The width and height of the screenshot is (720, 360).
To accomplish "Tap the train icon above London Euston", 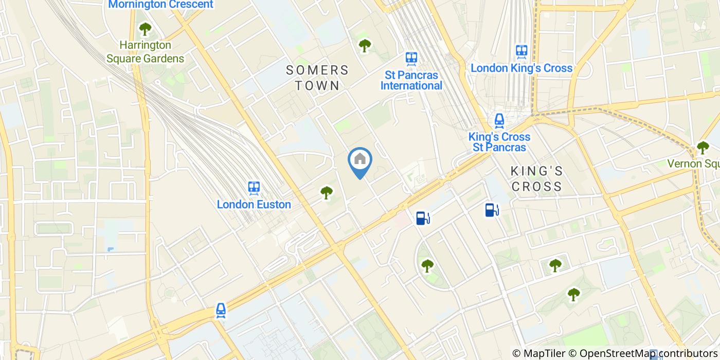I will pos(254,188).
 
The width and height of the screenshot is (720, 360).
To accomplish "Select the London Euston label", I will pos(254,204).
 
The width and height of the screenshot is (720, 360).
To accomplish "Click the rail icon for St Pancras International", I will pos(411,58).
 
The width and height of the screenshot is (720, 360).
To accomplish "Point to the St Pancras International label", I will pos(411,80).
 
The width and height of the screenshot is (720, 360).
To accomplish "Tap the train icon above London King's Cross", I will pos(521,51).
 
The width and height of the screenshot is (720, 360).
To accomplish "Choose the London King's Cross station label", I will pos(521,68).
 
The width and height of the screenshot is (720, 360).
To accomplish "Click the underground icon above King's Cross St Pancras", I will pos(499,121).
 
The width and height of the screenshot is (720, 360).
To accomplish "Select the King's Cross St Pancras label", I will pos(499,142).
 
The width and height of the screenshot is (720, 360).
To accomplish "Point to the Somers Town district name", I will pos(317,78).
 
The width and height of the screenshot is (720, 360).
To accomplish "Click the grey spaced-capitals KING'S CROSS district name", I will pos(537,178).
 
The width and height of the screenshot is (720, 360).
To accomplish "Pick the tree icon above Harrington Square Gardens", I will pos(145,28).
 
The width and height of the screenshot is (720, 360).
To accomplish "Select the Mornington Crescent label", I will pos(160,5).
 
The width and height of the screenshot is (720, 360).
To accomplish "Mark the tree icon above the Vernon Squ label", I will pos(703,148).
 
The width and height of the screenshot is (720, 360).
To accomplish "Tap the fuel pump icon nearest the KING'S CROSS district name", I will pos(492,209).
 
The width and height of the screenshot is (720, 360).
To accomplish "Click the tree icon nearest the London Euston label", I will pos(327,193).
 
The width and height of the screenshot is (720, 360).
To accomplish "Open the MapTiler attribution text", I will pos(538,353).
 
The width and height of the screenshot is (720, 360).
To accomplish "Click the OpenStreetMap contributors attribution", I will pos(643,353).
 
